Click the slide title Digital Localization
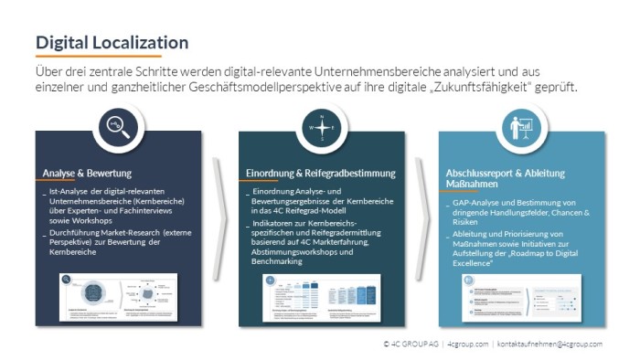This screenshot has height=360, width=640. click(x=112, y=42)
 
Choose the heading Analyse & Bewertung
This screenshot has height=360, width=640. click(x=87, y=173)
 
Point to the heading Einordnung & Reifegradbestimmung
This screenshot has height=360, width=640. click(x=320, y=173)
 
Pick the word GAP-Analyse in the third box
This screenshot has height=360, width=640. click(x=477, y=202)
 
